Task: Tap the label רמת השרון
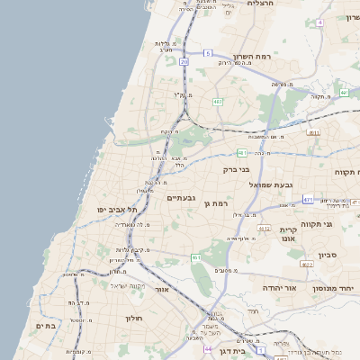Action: [251, 56]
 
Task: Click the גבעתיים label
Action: [181, 197]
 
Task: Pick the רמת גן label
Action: [218, 204]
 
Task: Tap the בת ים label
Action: [47, 325]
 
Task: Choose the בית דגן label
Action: [231, 351]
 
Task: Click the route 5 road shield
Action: [207, 54]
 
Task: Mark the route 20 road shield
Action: [184, 61]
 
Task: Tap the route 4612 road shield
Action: [264, 229]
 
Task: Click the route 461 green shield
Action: [195, 258]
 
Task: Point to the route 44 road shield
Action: [207, 348]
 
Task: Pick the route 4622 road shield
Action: [307, 265]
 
